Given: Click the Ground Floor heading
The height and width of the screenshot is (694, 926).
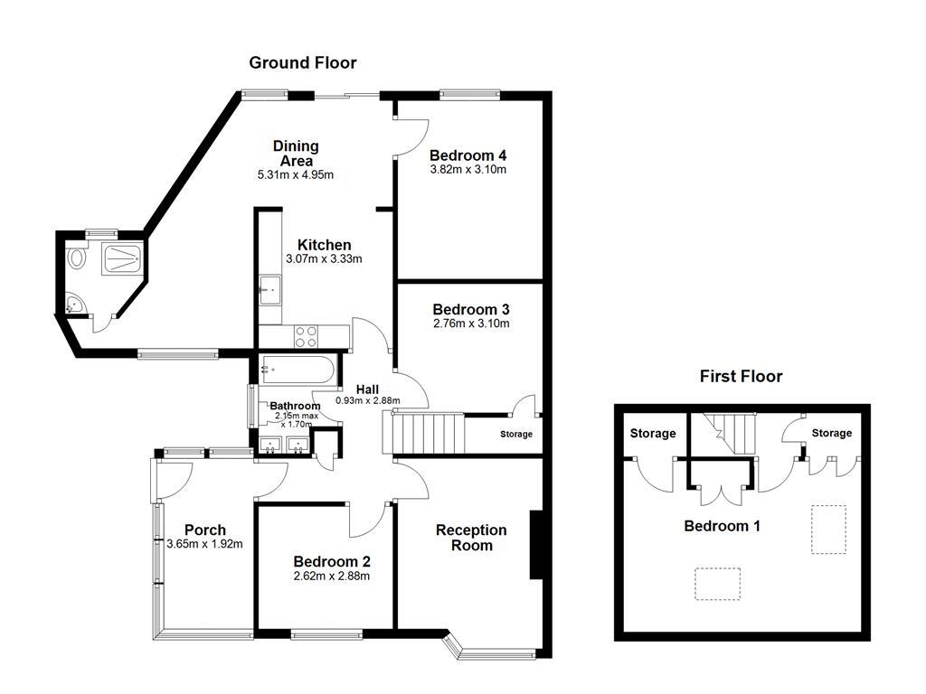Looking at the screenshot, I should pos(303,63).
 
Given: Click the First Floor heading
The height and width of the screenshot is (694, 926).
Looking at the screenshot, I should pos(741,377).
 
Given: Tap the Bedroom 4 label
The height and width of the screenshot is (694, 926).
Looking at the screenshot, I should pos(468,155).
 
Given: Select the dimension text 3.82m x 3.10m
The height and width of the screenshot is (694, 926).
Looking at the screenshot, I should pos(468,169).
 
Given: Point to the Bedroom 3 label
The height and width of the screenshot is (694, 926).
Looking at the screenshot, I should pos(470,309).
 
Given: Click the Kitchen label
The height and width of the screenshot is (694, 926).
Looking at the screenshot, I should pos(324,245).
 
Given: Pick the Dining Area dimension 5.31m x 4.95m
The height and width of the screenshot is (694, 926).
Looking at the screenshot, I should pos(296,175).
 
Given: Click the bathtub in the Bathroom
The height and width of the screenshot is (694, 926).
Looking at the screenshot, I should pos(298,369).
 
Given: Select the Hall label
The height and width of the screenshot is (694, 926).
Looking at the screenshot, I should pos(366,389).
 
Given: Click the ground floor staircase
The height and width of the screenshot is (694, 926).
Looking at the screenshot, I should pos(425,431).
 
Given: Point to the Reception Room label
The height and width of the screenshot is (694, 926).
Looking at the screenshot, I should pos(471,538).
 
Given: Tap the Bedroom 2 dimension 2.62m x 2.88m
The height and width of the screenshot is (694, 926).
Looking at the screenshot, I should pos(332,576).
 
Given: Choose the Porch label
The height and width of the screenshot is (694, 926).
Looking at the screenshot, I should pos(205,530).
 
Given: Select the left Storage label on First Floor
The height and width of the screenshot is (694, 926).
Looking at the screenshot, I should pos(653,434).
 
